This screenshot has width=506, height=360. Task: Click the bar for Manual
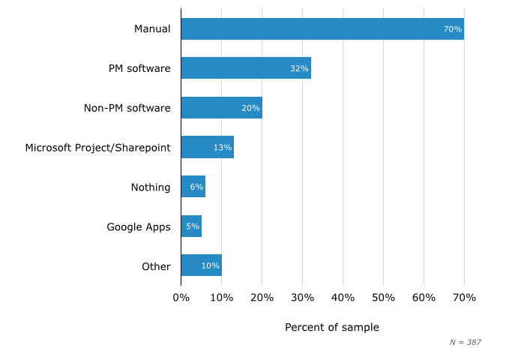pyautogui.click(x=322, y=29)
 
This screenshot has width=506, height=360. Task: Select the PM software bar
pyautogui.click(x=246, y=68)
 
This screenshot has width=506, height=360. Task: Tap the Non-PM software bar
pyautogui.click(x=221, y=108)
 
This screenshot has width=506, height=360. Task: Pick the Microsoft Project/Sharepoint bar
pyautogui.click(x=207, y=147)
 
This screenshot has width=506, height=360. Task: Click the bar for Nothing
pyautogui.click(x=193, y=187)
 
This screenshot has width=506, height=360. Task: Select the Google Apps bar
pyautogui.click(x=191, y=226)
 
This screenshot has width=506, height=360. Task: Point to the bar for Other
pyautogui.click(x=201, y=265)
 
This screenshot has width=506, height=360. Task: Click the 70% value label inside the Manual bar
pyautogui.click(x=452, y=29)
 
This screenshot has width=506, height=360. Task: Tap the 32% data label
pyautogui.click(x=299, y=68)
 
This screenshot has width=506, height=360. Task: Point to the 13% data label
pyautogui.click(x=222, y=147)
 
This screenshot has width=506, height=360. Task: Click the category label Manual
pyautogui.click(x=152, y=29)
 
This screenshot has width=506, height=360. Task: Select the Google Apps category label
pyautogui.click(x=139, y=226)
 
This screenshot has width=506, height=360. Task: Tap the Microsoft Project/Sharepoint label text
pyautogui.click(x=97, y=148)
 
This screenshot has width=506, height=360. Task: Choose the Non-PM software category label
pyautogui.click(x=127, y=108)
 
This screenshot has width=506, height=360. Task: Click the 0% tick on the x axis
pyautogui.click(x=181, y=298)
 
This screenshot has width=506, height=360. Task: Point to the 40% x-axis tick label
pyautogui.click(x=343, y=298)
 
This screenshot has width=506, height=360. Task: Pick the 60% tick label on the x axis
pyautogui.click(x=424, y=298)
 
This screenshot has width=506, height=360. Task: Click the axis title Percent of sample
pyautogui.click(x=331, y=328)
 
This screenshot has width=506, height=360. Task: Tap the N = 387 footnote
pyautogui.click(x=465, y=342)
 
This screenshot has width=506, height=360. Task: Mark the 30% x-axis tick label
pyautogui.click(x=302, y=298)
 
